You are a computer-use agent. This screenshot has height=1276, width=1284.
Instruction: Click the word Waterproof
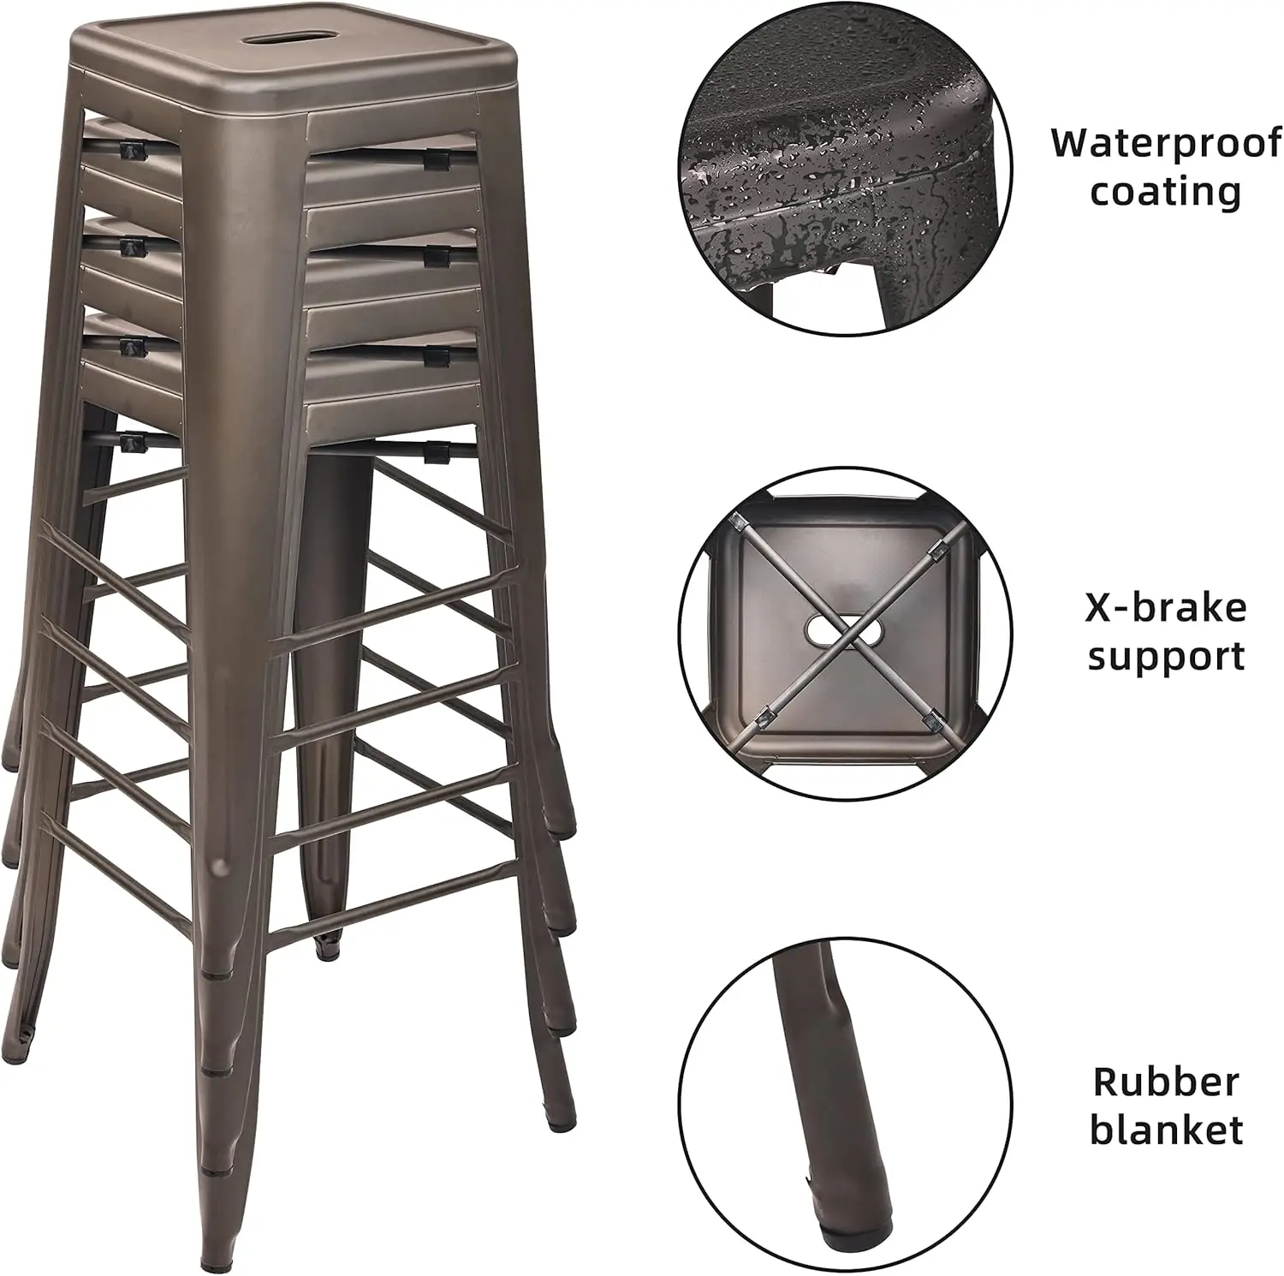pyautogui.click(x=1167, y=143)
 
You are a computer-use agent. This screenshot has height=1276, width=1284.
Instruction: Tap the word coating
pyautogui.click(x=1166, y=191)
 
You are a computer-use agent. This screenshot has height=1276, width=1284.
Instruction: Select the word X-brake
pyautogui.click(x=1166, y=608)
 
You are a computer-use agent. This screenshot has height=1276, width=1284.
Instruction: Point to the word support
pyautogui.click(x=1166, y=658)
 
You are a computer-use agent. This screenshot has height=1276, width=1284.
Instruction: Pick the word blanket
pyautogui.click(x=1166, y=1130)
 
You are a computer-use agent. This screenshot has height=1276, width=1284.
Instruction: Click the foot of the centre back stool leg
pyautogui.click(x=327, y=945)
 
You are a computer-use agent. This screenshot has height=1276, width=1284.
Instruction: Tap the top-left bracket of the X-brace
pyautogui.click(x=738, y=522)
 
